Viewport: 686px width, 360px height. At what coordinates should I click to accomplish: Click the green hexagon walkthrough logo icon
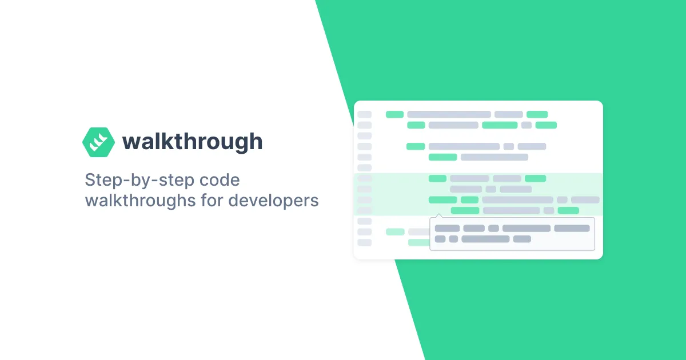click(x=98, y=142)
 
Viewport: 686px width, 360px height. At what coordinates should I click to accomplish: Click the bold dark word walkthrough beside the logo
click(x=192, y=141)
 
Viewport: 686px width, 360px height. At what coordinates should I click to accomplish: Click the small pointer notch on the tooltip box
click(x=438, y=216)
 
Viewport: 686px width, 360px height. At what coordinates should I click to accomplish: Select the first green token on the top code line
click(x=395, y=114)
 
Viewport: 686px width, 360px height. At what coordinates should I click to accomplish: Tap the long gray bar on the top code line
click(x=449, y=114)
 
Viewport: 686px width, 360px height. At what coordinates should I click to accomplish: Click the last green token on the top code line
click(x=537, y=114)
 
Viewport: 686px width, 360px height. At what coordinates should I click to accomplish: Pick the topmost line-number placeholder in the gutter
click(x=364, y=114)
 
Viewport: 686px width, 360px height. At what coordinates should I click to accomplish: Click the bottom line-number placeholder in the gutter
click(x=364, y=242)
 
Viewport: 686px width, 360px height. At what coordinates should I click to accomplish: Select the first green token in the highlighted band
click(x=437, y=178)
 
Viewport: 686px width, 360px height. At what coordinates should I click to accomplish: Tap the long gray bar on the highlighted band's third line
click(x=517, y=200)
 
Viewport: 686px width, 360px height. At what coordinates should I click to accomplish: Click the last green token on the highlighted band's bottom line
click(x=568, y=210)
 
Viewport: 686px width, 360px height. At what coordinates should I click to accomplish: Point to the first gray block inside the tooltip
click(x=447, y=229)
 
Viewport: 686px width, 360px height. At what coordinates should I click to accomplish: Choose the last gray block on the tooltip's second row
click(x=522, y=239)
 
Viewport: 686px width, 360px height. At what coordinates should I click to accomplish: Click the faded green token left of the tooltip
click(x=395, y=232)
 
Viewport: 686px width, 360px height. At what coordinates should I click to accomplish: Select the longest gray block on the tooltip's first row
click(x=526, y=229)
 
